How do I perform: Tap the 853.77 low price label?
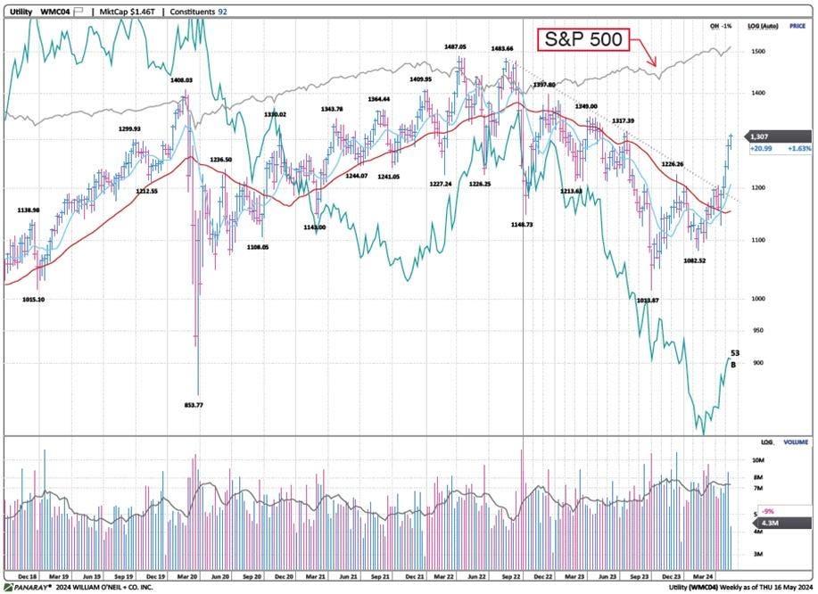pos(194,405)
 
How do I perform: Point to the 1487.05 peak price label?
pos(453,46)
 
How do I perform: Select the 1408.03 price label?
pos(182,80)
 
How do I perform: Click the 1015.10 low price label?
pos(33,300)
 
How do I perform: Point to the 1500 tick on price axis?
pos(759,52)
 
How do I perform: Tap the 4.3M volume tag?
pos(760,523)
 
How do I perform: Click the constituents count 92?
pos(222,12)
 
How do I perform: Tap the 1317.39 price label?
pos(623,120)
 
